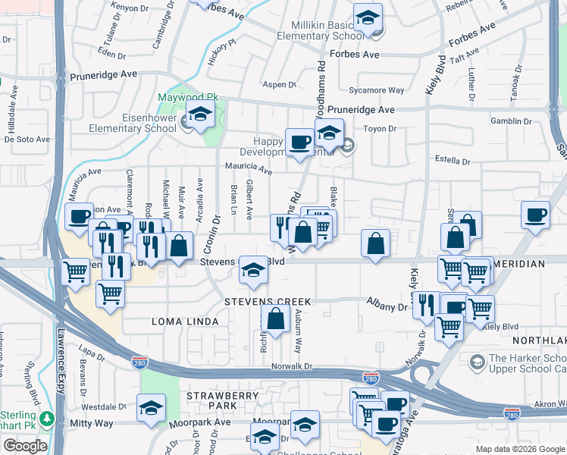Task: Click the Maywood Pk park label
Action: click(x=187, y=98)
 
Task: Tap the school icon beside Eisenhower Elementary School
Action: click(x=200, y=116)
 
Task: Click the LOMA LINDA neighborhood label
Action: click(x=188, y=322)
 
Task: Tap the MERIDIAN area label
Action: click(x=519, y=263)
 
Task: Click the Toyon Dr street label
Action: click(x=380, y=129)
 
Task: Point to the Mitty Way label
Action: click(x=91, y=423)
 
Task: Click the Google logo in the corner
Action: click(x=24, y=446)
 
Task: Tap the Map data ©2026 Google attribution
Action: click(x=519, y=449)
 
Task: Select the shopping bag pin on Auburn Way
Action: click(x=276, y=318)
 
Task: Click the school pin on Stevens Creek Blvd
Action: click(x=253, y=268)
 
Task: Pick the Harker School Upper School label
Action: click(x=527, y=363)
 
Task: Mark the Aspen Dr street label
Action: click(x=278, y=84)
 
